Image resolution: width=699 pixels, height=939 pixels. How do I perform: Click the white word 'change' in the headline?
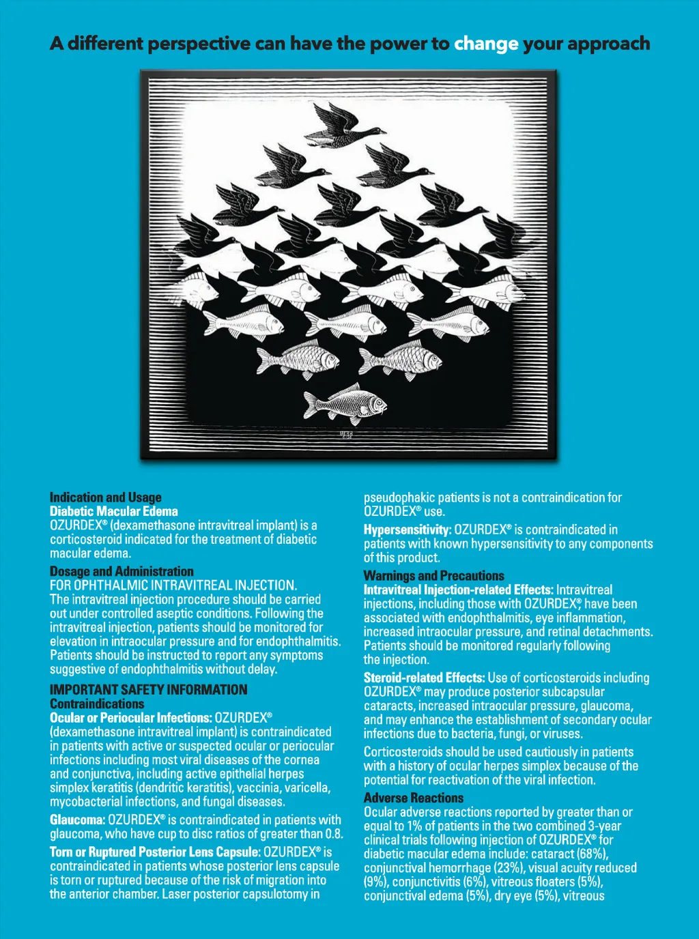(486, 44)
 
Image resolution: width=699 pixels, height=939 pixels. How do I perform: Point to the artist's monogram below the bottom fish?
(346, 434)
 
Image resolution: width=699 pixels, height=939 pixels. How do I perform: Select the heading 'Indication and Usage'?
(106, 497)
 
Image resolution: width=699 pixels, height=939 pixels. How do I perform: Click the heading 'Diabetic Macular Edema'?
(113, 511)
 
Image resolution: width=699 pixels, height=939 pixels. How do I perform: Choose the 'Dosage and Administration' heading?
(122, 571)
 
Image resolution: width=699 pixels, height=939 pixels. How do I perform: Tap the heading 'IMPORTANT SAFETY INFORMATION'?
(148, 689)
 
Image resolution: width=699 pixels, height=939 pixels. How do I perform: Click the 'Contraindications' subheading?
(97, 704)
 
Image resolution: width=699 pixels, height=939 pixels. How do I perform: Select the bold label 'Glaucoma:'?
(77, 820)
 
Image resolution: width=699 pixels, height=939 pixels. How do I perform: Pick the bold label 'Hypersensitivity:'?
(407, 530)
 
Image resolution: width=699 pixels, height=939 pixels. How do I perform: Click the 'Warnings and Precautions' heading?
(433, 575)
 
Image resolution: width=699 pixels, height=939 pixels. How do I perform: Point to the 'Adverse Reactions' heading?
(413, 798)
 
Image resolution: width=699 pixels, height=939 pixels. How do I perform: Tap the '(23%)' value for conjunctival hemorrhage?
(509, 868)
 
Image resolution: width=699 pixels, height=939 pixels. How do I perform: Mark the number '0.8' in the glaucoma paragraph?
(332, 834)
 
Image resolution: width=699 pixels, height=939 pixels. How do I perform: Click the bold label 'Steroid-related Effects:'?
(424, 678)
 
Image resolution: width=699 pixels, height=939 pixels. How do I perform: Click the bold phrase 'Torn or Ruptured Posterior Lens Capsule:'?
(154, 852)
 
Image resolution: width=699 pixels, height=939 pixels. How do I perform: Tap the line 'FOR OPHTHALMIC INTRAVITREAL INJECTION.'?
(173, 586)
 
